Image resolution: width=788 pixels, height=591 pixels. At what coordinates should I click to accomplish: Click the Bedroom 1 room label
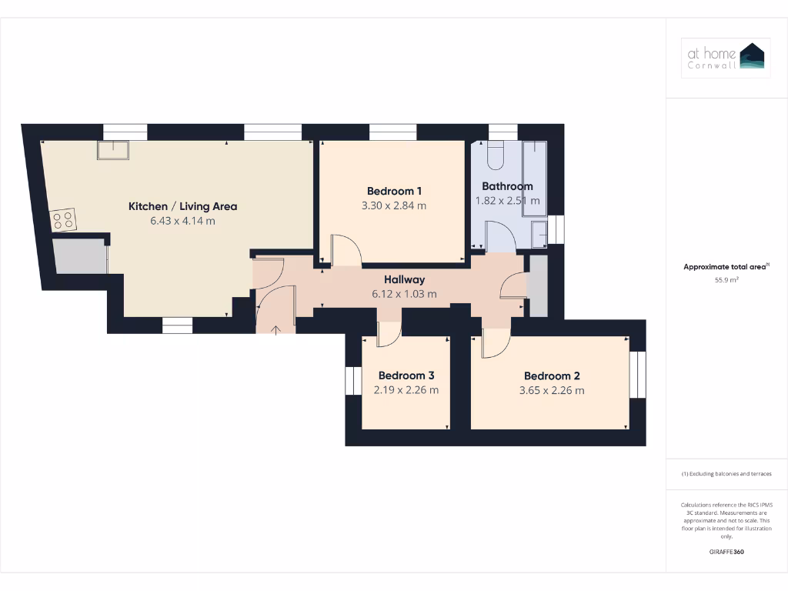pyautogui.click(x=394, y=191)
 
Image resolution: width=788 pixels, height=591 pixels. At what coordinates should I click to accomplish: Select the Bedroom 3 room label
pyautogui.click(x=406, y=376)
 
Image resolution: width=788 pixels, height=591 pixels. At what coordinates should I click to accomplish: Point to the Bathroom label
pyautogui.click(x=507, y=186)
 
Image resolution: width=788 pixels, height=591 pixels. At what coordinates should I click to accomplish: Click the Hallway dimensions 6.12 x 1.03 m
pyautogui.click(x=404, y=294)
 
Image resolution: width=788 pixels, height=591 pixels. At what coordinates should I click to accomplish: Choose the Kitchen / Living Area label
pyautogui.click(x=182, y=206)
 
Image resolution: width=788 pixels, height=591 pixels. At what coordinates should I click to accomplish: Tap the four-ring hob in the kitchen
pyautogui.click(x=64, y=220)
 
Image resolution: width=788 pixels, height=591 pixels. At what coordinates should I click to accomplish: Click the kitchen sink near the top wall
pyautogui.click(x=112, y=149)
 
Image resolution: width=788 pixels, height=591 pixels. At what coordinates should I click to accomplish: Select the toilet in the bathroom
pyautogui.click(x=495, y=155)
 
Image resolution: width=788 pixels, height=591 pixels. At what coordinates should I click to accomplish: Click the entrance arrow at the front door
pyautogui.click(x=275, y=329)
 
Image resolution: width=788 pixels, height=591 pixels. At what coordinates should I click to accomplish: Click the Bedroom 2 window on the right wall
pyautogui.click(x=637, y=375)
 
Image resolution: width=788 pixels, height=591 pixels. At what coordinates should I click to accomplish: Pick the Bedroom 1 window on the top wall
pyautogui.click(x=392, y=132)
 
